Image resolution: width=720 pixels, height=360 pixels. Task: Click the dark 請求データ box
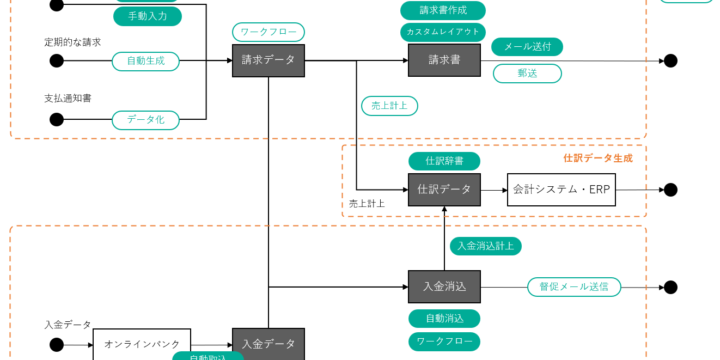coord(268,60)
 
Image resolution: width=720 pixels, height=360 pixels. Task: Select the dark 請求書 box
coord(444,60)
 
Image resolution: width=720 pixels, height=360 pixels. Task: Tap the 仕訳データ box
coord(444,189)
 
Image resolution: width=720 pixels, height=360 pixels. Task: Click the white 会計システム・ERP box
coord(561,189)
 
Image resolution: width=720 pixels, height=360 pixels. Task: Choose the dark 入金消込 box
coord(444,286)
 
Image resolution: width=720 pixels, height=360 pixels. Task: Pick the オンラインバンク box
coord(142,344)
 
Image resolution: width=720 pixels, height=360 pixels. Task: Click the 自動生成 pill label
coord(146,61)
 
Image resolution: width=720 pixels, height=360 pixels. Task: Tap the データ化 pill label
coord(146,119)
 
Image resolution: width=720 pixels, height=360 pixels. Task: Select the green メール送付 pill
coord(527,46)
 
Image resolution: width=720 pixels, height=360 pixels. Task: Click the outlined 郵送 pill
coord(527,73)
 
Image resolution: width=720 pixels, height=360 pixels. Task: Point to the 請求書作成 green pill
coord(443,10)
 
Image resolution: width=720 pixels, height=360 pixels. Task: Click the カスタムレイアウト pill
coord(443,31)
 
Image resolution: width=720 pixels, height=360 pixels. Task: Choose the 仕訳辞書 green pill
coord(444,160)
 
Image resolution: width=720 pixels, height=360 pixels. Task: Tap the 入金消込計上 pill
coord(485,245)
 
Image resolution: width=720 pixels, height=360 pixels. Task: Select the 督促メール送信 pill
coord(574,286)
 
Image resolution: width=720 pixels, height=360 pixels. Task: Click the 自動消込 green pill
coord(444,318)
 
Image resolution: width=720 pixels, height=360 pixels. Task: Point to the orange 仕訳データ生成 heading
coord(598,158)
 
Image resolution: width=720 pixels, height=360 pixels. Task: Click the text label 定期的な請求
coord(73,42)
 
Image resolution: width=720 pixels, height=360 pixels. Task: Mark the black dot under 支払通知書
coord(57,119)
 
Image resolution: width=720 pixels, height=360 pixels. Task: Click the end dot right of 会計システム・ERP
coord(671,189)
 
